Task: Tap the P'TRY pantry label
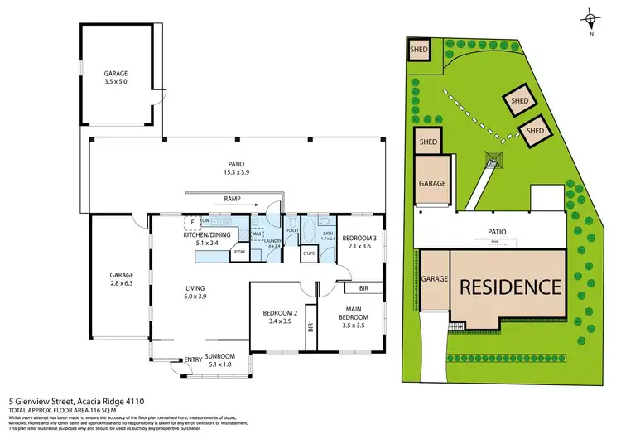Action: point(241,252)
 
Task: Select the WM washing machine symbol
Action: point(258,234)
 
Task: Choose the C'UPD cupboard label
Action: point(310,253)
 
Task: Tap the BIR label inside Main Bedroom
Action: point(363,290)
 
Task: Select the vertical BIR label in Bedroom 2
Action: point(310,328)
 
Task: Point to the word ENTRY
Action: point(193,359)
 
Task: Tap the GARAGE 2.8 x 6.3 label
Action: point(122,278)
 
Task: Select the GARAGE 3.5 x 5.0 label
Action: point(115,78)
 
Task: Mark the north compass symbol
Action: point(590,20)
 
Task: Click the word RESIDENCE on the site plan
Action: point(510,287)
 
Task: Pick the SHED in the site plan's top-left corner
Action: point(418,50)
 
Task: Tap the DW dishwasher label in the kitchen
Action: point(205,222)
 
